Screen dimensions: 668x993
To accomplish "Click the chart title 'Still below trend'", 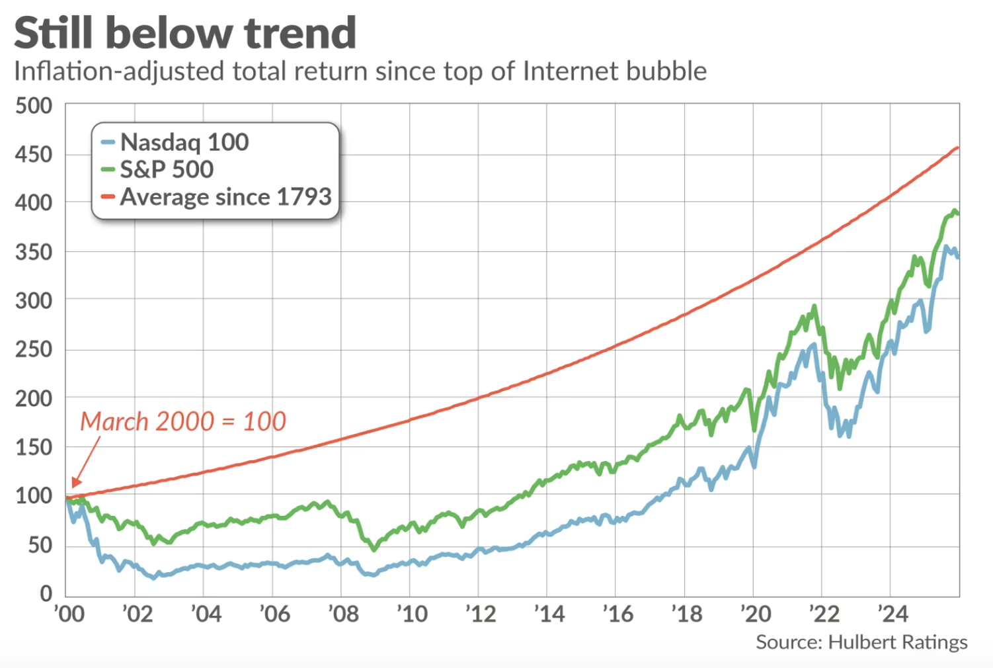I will click(x=185, y=33).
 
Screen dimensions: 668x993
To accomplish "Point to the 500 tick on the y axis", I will click(x=34, y=106).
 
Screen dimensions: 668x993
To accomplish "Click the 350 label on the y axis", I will click(x=34, y=252).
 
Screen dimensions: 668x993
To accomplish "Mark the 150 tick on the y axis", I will click(x=34, y=447).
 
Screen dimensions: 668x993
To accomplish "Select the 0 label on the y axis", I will click(x=46, y=593).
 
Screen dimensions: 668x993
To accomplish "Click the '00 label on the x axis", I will click(x=69, y=614).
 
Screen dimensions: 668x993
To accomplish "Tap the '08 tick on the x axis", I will click(x=344, y=614).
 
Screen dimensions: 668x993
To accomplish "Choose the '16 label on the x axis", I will click(x=618, y=614).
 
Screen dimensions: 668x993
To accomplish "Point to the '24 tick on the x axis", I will click(x=893, y=614).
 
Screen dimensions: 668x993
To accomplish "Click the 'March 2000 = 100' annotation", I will click(x=183, y=421).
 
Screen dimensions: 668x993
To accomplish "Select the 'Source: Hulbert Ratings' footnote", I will click(x=861, y=642).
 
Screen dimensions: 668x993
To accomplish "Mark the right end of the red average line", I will click(x=957, y=148).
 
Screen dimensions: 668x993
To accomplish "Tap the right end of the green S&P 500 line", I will click(x=958, y=214).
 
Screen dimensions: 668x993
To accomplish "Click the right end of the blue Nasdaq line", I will click(x=958, y=257).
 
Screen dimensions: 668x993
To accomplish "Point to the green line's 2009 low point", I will click(x=374, y=549).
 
